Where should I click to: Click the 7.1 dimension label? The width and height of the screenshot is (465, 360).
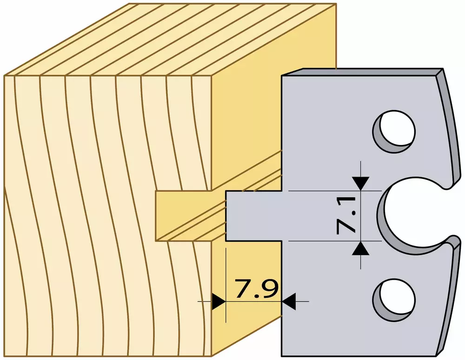346,216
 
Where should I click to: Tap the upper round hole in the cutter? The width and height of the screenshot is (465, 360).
394,131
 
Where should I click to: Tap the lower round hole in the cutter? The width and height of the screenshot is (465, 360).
394,299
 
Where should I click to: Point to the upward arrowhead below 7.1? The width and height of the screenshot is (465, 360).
361,249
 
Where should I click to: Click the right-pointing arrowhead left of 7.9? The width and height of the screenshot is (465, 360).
219,301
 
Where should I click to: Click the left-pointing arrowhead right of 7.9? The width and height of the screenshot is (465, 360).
289,301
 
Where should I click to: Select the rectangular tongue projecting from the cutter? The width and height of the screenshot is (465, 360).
253,216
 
